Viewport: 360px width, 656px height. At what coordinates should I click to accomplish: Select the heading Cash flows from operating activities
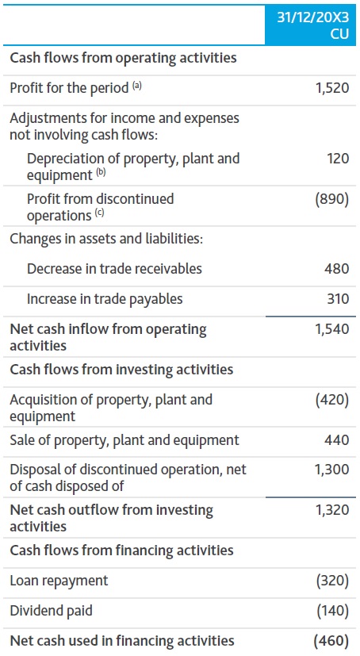[123, 58]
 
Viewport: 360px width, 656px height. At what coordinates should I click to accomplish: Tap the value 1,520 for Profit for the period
[331, 88]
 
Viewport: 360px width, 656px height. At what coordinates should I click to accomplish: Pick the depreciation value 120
[337, 159]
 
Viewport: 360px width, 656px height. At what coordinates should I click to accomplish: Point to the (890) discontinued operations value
[332, 199]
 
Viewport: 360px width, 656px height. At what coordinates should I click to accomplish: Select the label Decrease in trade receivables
[114, 269]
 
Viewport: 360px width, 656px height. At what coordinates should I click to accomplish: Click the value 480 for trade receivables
[337, 269]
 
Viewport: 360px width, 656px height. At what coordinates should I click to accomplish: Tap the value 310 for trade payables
[337, 299]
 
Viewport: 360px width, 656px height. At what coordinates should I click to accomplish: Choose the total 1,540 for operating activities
[331, 329]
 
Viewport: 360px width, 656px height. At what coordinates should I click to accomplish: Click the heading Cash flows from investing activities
[121, 370]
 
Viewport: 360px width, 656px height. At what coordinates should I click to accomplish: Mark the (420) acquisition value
[332, 400]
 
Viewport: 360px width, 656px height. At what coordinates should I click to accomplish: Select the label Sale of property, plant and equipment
[124, 440]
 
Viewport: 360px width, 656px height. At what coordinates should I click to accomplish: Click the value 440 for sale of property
[337, 440]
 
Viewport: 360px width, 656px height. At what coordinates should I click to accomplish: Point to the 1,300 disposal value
[331, 470]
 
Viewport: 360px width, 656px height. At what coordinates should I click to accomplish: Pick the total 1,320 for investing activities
[331, 510]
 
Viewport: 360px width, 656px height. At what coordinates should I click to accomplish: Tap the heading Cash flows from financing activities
[121, 551]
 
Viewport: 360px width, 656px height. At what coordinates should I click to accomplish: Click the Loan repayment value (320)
[332, 581]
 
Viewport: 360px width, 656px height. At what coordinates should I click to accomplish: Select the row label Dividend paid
[49, 611]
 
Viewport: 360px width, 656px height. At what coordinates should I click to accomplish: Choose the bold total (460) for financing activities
[331, 641]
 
